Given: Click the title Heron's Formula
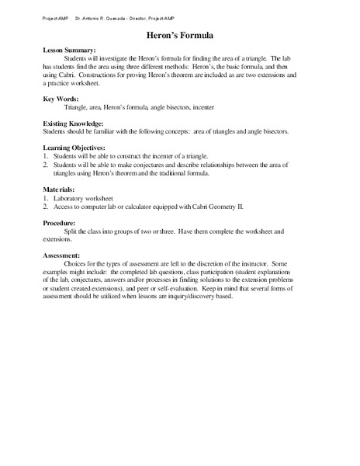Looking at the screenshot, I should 179,35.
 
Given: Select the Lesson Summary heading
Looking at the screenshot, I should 70,50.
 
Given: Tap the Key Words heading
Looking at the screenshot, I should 61,99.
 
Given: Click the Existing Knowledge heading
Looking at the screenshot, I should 75,123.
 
